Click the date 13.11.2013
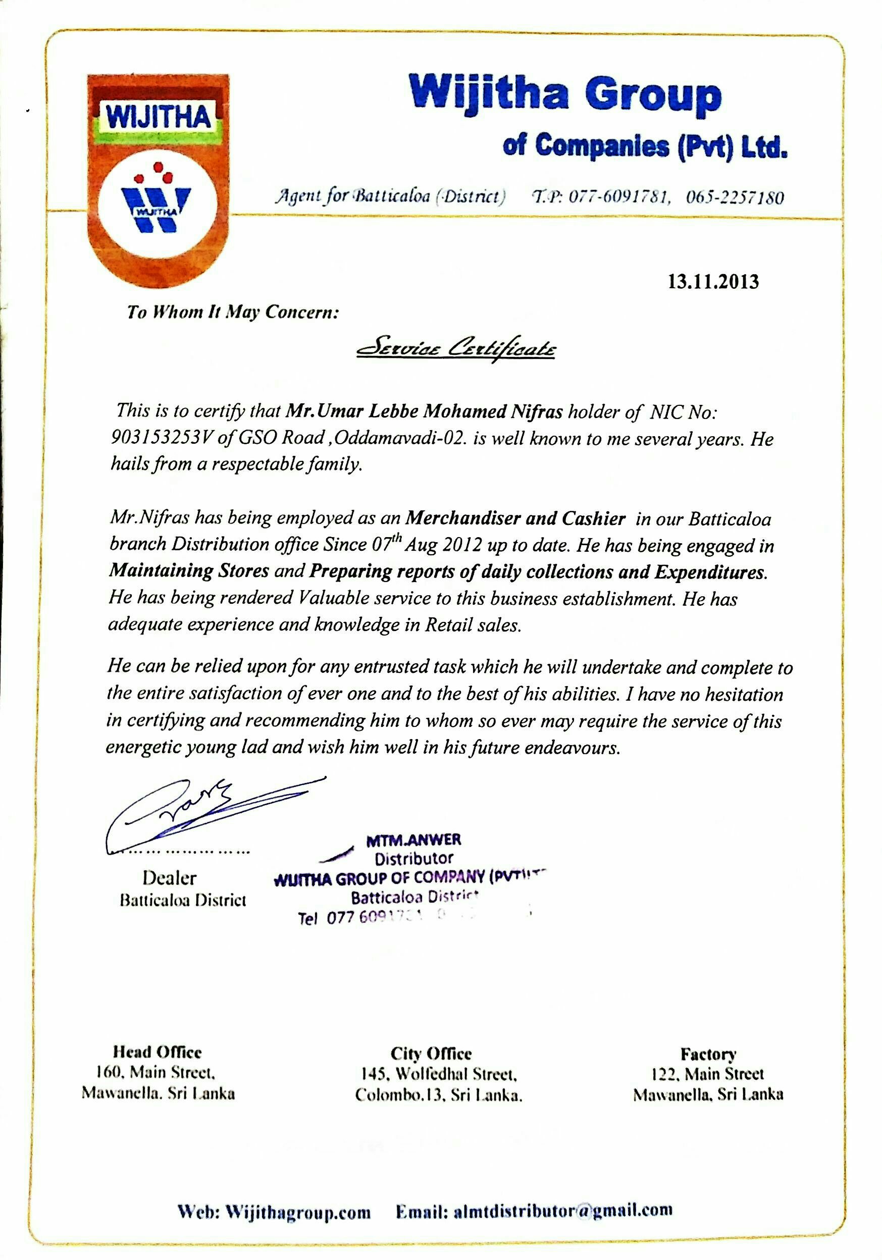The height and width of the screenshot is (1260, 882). tap(712, 282)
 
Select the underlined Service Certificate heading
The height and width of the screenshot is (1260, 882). tap(455, 349)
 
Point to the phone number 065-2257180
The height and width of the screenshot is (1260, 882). tap(735, 197)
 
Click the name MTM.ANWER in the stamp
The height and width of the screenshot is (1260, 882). tap(414, 839)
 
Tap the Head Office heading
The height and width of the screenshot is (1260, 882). tap(157, 1052)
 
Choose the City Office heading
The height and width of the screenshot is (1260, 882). tap(431, 1054)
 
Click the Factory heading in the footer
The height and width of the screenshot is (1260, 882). tap(708, 1054)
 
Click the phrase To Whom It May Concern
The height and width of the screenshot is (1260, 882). tap(233, 312)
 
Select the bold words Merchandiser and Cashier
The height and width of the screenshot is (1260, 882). tap(515, 518)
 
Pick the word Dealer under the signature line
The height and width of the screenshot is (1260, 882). tap(169, 877)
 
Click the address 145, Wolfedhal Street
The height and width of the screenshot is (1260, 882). tap(439, 1073)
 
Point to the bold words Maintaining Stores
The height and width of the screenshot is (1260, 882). tap(189, 571)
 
